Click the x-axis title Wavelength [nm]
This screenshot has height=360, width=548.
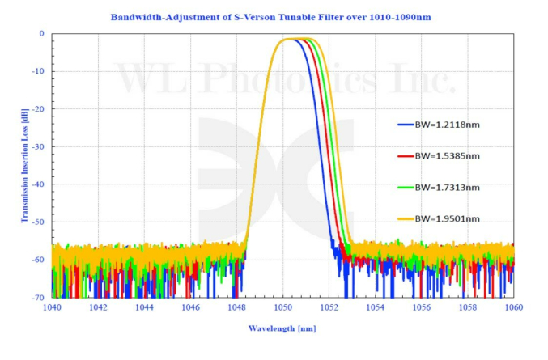(282, 330)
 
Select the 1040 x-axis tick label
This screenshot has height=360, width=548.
(53, 308)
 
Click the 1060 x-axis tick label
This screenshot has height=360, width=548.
(513, 308)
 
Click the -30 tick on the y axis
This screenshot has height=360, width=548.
(37, 146)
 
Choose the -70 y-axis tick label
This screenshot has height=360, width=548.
(37, 297)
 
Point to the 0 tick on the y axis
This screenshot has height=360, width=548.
(41, 34)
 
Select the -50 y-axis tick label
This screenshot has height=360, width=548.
(37, 222)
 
